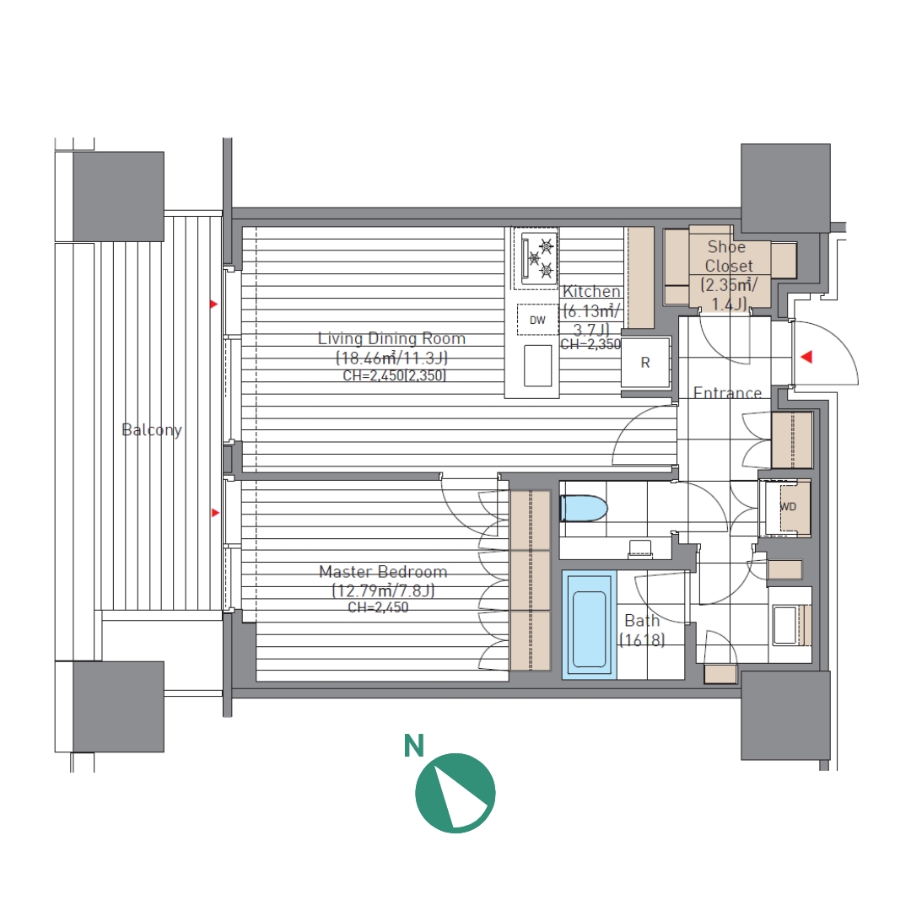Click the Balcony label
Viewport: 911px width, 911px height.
click(152, 430)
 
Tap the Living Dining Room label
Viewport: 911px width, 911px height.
click(391, 338)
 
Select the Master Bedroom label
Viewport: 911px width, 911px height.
click(383, 572)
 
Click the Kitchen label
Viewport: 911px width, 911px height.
click(591, 291)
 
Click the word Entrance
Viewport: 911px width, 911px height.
click(727, 393)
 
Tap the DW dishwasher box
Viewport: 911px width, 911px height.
click(537, 321)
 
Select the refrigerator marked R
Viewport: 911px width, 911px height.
click(645, 363)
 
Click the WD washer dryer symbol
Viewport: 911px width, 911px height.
click(788, 507)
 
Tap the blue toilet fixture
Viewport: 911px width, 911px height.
click(584, 509)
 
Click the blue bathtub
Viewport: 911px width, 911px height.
click(589, 625)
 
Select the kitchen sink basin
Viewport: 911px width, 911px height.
click(537, 365)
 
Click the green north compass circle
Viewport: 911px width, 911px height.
click(455, 793)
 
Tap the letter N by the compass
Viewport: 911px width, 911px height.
click(413, 746)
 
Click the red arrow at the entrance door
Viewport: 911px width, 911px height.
click(806, 357)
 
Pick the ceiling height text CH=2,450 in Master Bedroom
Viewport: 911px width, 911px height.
click(378, 607)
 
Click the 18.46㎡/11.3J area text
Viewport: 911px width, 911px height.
click(391, 358)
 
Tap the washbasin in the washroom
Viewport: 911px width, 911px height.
click(785, 624)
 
